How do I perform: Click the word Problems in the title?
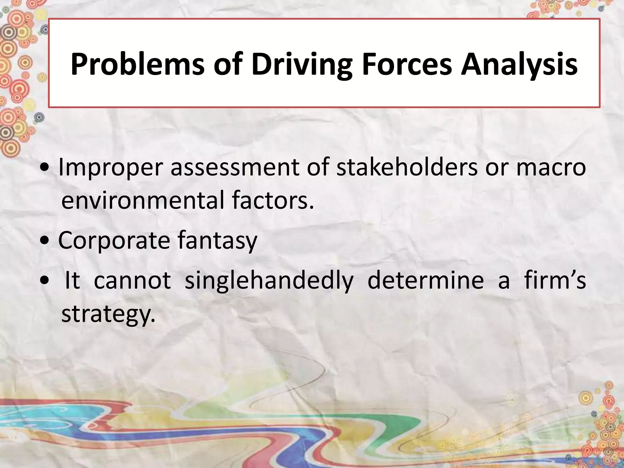tap(137, 64)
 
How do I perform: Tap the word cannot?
tap(132, 280)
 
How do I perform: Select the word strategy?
tap(108, 314)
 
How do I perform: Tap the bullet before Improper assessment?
tap(45, 168)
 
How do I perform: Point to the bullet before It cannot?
tap(45, 281)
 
